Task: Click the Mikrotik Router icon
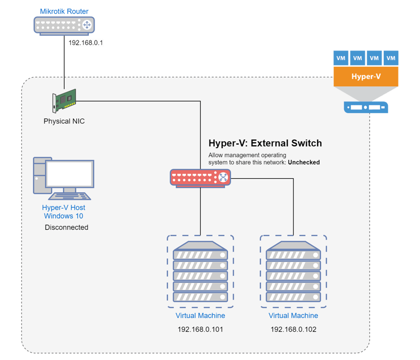(x=64, y=25)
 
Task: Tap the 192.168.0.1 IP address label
(x=86, y=43)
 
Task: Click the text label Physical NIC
(x=64, y=121)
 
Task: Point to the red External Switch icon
(x=201, y=178)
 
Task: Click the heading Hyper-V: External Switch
(x=265, y=143)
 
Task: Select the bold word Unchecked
(x=303, y=162)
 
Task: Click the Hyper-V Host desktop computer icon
(x=64, y=179)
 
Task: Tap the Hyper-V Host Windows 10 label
(x=64, y=212)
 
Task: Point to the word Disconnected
(x=67, y=228)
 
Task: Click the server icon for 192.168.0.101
(x=201, y=272)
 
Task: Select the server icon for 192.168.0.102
(x=293, y=272)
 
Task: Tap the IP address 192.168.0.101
(x=201, y=330)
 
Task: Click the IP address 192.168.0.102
(x=293, y=330)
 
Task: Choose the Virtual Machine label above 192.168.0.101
(x=201, y=316)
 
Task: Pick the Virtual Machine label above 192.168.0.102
(x=293, y=316)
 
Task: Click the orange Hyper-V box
(x=366, y=76)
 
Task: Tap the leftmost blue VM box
(x=341, y=58)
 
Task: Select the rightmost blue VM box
(x=391, y=58)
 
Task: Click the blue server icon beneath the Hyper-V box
(x=366, y=107)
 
